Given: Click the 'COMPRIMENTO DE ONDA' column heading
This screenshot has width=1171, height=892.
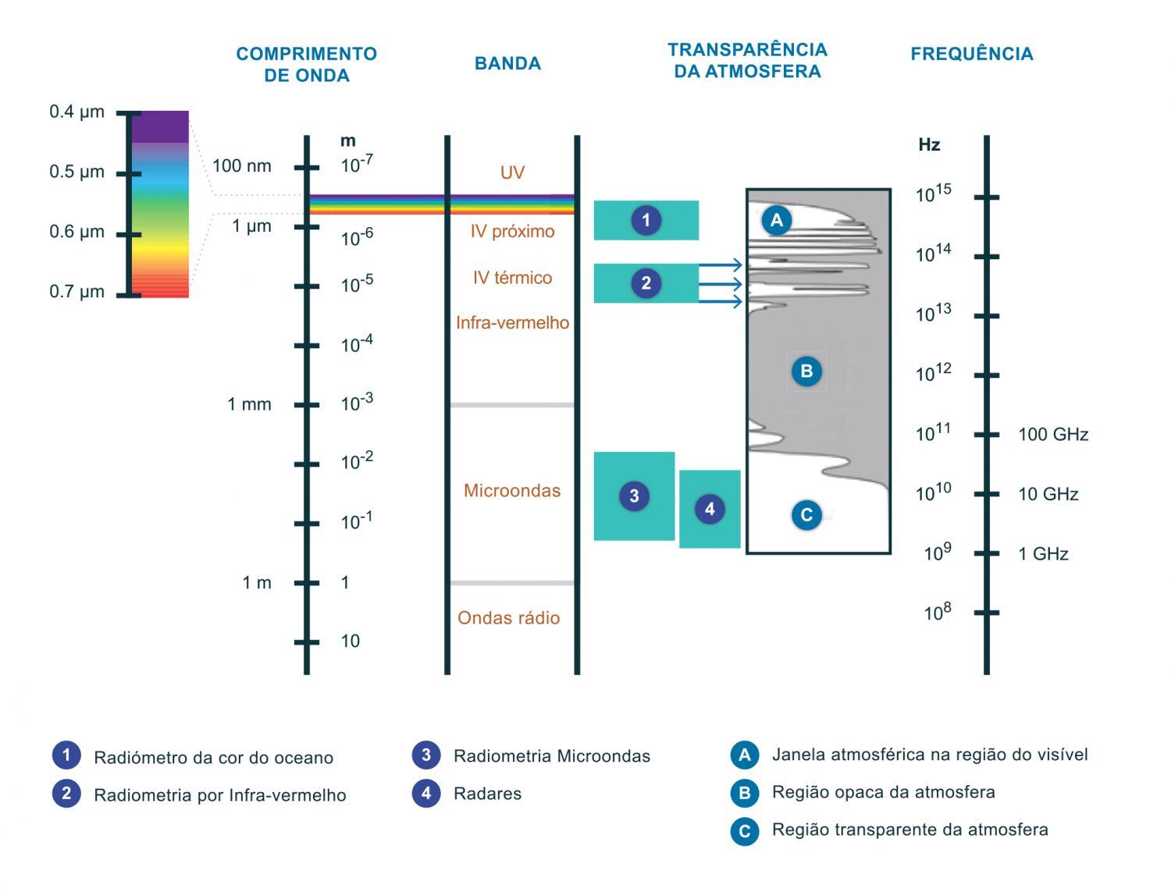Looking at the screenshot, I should (306, 65).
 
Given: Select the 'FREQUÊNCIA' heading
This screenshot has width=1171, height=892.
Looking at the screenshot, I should (971, 54).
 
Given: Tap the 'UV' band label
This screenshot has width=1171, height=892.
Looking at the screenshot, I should (512, 172).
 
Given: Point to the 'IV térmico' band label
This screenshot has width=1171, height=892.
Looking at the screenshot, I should (512, 278).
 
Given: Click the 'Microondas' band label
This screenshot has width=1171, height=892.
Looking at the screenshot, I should (512, 491).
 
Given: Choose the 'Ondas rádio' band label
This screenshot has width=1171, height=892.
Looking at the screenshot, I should (508, 618).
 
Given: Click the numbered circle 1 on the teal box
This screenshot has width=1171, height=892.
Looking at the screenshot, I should (646, 220).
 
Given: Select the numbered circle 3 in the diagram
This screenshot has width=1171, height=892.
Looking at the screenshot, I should (634, 496).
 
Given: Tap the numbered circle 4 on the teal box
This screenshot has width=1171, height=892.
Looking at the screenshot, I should (710, 510).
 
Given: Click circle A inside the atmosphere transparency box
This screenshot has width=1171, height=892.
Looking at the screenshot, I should (776, 220).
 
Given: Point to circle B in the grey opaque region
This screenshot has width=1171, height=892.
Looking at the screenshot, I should (806, 371).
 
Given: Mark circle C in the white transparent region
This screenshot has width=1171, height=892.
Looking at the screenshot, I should (806, 515).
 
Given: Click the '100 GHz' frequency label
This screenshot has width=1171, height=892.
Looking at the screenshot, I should (1052, 435).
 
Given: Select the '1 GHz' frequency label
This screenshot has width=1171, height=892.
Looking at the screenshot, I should (1043, 554).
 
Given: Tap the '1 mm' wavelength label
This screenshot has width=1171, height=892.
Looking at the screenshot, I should (249, 404).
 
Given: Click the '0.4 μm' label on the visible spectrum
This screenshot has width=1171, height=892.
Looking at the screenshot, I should (77, 112).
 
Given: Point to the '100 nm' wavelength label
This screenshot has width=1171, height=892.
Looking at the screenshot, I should (241, 165).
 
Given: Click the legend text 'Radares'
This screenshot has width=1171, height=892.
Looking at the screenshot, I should (487, 794).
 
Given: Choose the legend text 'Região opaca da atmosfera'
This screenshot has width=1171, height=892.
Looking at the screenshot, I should (883, 792).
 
